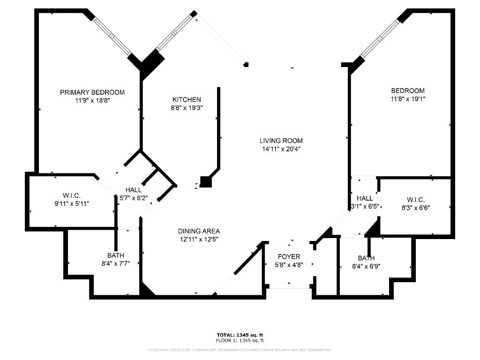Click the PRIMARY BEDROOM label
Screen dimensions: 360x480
(92, 92)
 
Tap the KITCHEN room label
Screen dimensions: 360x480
(187, 99)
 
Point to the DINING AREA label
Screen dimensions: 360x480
(199, 231)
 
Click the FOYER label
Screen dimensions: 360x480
(289, 257)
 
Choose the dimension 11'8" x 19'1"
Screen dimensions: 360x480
(408, 99)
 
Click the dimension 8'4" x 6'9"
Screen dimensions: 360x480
(366, 266)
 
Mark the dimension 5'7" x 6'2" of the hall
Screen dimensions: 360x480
(134, 198)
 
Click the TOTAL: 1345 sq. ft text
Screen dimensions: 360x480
(240, 335)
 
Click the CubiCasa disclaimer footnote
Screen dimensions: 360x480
(240, 350)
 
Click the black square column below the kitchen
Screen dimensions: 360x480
(206, 182)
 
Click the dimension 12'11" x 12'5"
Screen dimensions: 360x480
(199, 239)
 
